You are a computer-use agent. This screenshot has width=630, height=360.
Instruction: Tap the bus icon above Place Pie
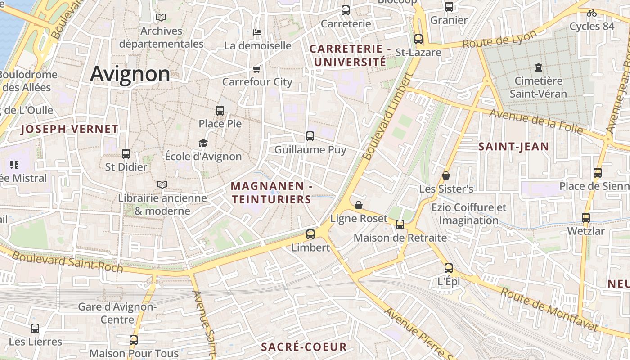(x=220, y=110)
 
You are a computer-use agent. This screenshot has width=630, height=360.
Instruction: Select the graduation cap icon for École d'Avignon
(x=203, y=144)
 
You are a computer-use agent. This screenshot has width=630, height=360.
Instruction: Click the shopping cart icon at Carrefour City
(x=257, y=69)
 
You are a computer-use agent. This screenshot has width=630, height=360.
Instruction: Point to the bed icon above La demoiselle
(x=257, y=32)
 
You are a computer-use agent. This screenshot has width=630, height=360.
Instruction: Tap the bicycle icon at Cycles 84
(x=592, y=13)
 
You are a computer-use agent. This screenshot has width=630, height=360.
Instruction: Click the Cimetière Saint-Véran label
(x=538, y=87)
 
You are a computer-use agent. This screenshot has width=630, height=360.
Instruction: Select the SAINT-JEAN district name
(x=513, y=146)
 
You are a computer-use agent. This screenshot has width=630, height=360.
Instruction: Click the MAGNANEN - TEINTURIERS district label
(x=271, y=193)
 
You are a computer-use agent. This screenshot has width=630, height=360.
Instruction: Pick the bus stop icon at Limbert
(x=310, y=234)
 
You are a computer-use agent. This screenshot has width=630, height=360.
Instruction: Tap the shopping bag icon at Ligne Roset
(x=359, y=205)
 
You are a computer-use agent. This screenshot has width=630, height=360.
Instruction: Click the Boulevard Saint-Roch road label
(x=67, y=262)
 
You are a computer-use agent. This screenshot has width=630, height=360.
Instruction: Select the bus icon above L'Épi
(x=449, y=268)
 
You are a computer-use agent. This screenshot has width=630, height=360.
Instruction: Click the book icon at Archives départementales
(x=161, y=18)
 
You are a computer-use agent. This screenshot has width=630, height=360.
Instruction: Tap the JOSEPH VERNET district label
(x=69, y=130)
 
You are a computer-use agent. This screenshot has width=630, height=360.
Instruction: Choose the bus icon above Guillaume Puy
(x=310, y=136)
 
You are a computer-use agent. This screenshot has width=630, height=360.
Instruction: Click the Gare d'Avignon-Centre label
(x=117, y=313)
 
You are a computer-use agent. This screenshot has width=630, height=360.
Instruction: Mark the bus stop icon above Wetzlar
(x=586, y=218)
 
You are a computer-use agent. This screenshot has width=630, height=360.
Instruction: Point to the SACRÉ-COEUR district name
(x=304, y=347)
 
